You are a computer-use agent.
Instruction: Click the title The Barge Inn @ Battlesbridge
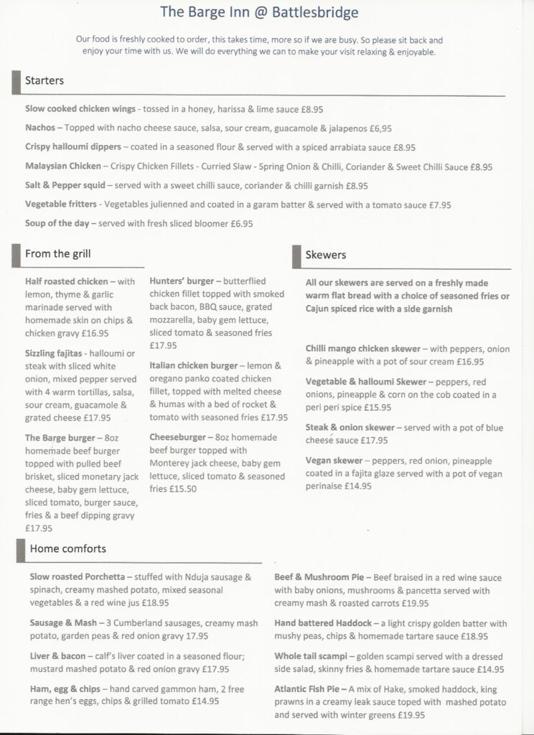tap(259, 12)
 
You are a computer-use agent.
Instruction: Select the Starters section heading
tap(44, 80)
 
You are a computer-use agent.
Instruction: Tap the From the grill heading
tap(57, 253)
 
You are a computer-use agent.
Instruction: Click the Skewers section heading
tap(326, 255)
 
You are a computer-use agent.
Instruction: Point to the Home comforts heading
tap(68, 549)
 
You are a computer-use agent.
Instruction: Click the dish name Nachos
tap(39, 128)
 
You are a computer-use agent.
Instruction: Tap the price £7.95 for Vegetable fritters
tap(440, 205)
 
